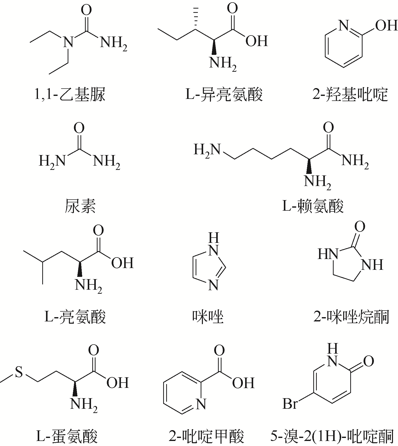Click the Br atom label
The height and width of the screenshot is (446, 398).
coord(290,404)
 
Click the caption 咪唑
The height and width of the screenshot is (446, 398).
coord(208,317)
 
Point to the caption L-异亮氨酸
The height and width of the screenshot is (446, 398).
coord(224,95)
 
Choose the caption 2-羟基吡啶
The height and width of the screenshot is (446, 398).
coord(350,95)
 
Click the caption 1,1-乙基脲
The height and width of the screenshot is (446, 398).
coord(70,95)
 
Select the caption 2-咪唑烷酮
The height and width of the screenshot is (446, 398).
coord(351,317)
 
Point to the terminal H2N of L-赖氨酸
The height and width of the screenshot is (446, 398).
coord(207,151)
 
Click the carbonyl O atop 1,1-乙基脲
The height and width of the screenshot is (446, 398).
coord(86,11)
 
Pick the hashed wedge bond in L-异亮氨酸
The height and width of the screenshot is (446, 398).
coord(195,18)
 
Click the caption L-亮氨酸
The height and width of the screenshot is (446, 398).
coord(75,317)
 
